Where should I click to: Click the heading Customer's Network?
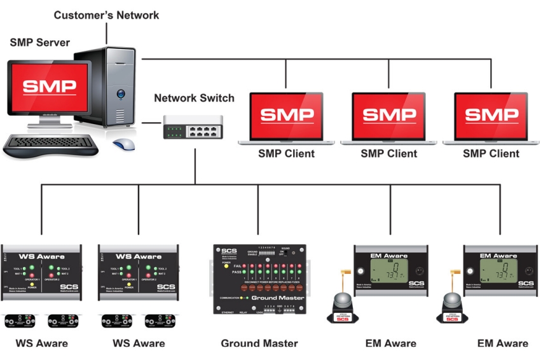pyautogui.click(x=106, y=15)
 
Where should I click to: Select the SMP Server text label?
pyautogui.click(x=39, y=43)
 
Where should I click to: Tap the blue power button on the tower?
pyautogui.click(x=120, y=94)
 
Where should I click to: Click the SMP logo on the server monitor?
pyautogui.click(x=50, y=87)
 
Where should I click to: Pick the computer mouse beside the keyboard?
pyautogui.click(x=124, y=144)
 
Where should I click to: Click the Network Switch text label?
pyautogui.click(x=194, y=99)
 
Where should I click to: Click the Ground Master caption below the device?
pyautogui.click(x=259, y=343)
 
